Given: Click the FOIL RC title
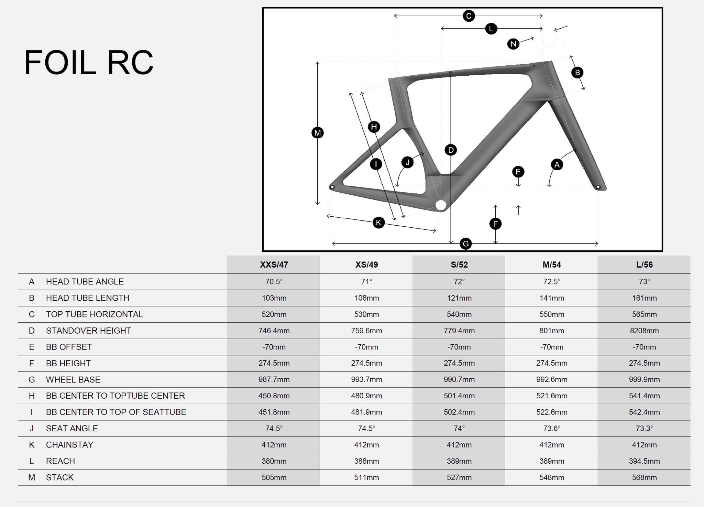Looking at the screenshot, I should click(89, 63).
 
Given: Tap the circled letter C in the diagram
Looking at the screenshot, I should click(469, 16).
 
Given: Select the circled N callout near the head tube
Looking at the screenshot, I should click(513, 44).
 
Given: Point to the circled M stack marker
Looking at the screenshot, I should click(317, 133).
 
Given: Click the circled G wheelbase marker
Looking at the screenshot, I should click(466, 244).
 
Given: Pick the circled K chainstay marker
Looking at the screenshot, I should click(378, 223).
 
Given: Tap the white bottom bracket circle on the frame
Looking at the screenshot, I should click(441, 205).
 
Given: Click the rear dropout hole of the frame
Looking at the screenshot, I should click(332, 187).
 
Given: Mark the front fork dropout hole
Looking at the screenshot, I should click(598, 187).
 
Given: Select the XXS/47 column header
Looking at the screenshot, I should click(274, 265).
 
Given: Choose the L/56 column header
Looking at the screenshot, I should click(644, 265).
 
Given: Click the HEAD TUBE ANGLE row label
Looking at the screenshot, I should click(85, 282).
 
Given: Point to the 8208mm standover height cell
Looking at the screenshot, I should click(644, 331).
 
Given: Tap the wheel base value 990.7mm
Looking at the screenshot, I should click(459, 379).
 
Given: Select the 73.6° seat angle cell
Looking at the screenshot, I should click(552, 428).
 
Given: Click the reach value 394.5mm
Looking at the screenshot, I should click(644, 461).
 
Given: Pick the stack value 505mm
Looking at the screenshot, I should click(274, 477).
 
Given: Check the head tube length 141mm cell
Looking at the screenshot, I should click(552, 298).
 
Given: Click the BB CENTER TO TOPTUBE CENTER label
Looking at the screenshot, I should click(115, 396).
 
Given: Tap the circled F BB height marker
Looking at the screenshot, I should click(495, 224).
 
